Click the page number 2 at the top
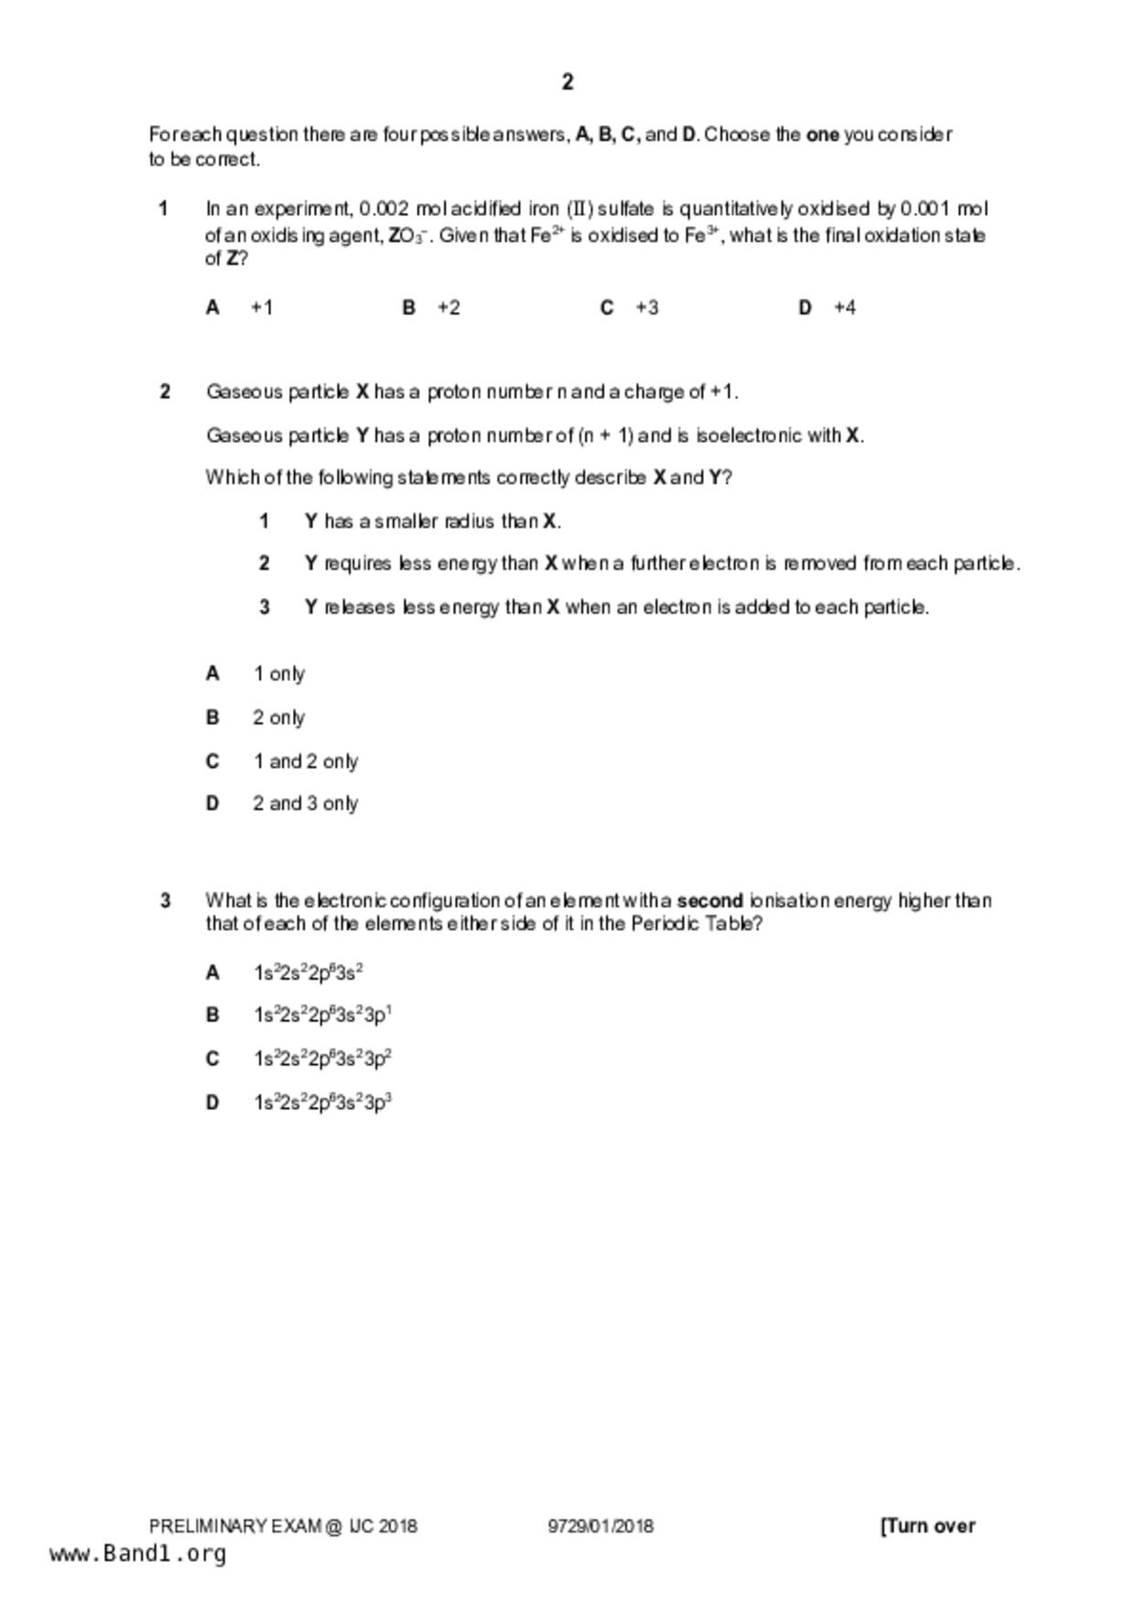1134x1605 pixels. point(567,82)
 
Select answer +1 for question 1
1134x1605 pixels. point(262,307)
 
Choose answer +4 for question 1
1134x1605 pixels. point(845,307)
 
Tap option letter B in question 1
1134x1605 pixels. point(409,307)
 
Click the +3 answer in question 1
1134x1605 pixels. point(647,307)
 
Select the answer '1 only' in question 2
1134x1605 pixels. point(279,674)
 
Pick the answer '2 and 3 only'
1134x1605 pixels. point(306,803)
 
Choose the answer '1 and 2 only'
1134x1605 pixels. point(306,761)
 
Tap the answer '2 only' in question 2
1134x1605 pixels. point(279,718)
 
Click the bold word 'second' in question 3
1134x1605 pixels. point(710,900)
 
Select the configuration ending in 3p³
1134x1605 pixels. point(323,1103)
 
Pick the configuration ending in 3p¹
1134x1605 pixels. point(323,1015)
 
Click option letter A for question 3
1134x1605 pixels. point(213,973)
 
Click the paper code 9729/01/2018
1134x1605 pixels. point(600,1526)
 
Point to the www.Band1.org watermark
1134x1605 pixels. point(138,1554)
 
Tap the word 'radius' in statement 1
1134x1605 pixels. point(470,522)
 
